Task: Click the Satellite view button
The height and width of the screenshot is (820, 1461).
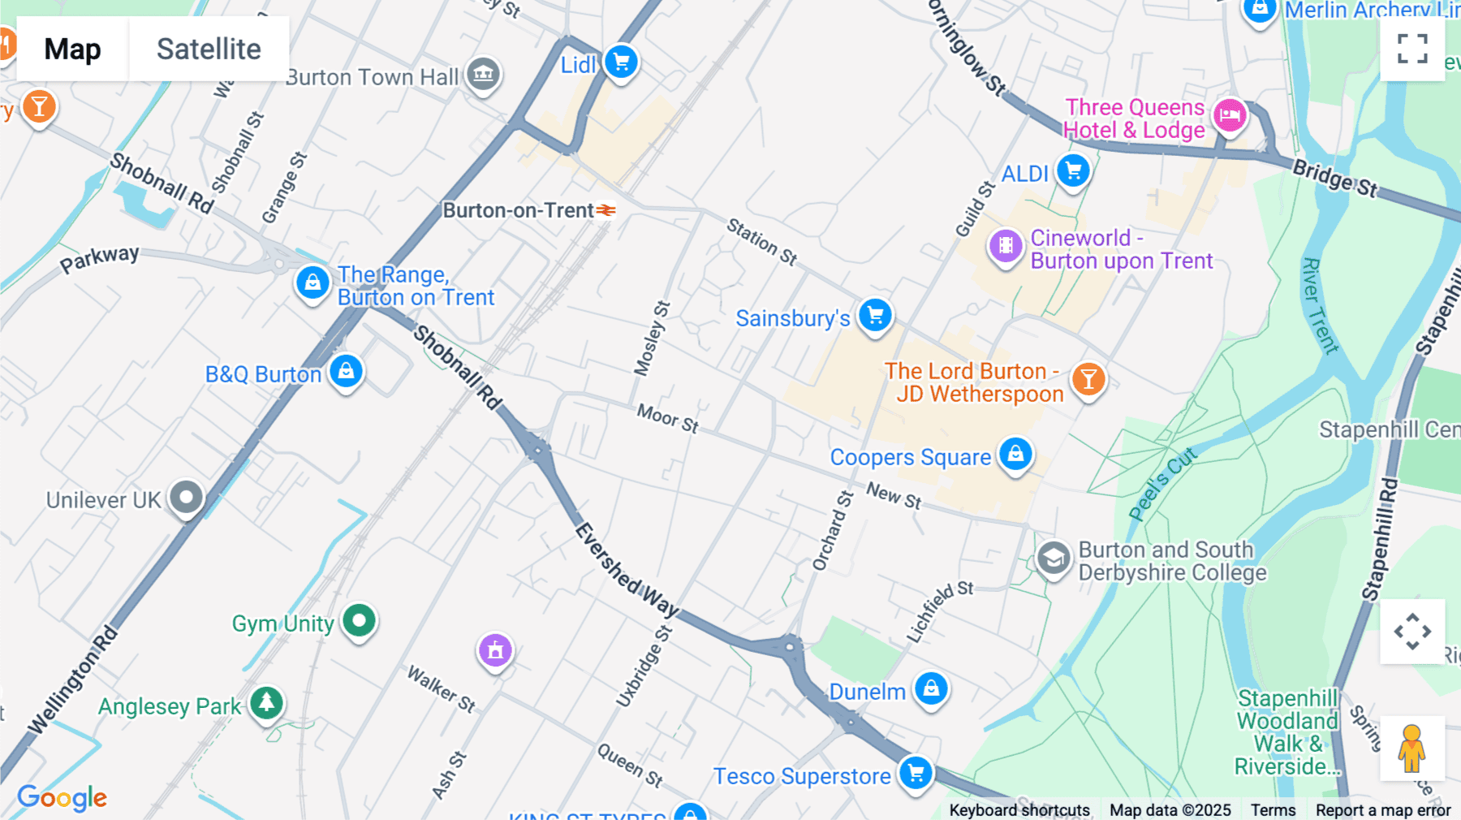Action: coord(209,49)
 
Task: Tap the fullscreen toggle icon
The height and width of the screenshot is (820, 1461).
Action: coord(1412,49)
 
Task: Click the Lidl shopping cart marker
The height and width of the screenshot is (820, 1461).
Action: coord(622,62)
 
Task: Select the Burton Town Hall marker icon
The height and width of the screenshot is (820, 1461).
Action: coord(484,75)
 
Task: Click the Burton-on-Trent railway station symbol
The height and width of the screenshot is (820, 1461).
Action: coord(606,211)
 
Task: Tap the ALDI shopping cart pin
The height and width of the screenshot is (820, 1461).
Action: coord(1074,171)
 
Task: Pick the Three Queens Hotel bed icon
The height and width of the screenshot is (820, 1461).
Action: coord(1230,115)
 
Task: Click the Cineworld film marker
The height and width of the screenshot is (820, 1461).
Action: coord(1006,244)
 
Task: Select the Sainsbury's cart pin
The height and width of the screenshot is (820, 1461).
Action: coord(876,315)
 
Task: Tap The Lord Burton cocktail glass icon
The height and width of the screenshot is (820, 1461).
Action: coord(1088,379)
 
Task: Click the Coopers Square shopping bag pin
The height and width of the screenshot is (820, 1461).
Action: coord(1015,454)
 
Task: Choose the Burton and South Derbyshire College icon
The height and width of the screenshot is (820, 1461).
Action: coord(1054,559)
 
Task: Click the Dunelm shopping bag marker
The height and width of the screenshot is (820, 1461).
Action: coord(931,688)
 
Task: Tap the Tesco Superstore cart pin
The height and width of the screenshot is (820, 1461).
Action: coord(916,772)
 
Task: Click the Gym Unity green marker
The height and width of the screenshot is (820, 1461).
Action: coord(359,621)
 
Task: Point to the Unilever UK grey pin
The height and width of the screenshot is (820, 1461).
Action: coord(186,497)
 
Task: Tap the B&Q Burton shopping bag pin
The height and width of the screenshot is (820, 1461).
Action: coord(347,371)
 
